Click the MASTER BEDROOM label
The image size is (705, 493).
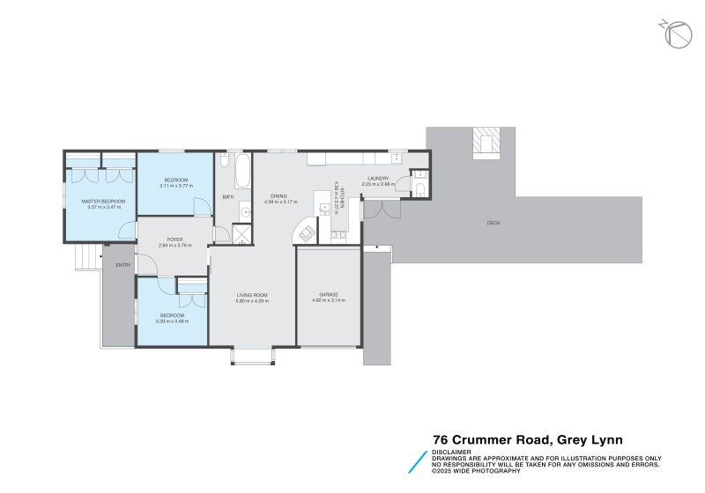click(x=104, y=201)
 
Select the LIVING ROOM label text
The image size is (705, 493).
click(x=251, y=295)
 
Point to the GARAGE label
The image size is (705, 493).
click(x=329, y=295)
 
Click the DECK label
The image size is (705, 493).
click(x=493, y=224)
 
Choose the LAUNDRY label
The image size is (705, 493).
click(x=379, y=179)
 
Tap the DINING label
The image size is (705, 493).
click(x=278, y=196)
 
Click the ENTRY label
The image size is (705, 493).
click(x=122, y=265)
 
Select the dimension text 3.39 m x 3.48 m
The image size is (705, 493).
click(x=173, y=320)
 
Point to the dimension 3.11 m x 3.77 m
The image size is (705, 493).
click(x=174, y=186)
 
